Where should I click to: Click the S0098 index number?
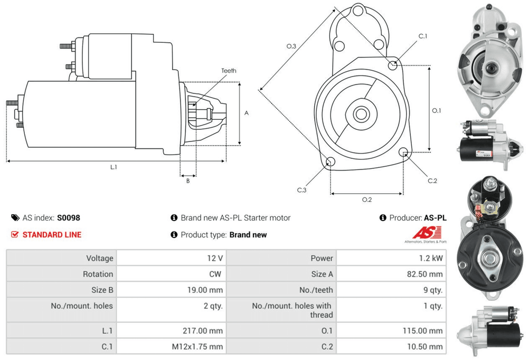[x=69, y=217]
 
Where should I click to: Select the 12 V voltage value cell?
[x=216, y=258]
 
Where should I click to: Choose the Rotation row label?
[x=98, y=274]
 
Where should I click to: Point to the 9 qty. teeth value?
[x=432, y=290]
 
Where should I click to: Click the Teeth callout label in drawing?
[x=229, y=71]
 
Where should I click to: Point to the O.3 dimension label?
[x=291, y=47]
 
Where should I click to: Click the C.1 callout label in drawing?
[x=423, y=36]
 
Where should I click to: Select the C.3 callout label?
[x=301, y=190]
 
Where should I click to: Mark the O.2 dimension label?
[x=367, y=200]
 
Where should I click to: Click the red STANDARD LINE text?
[x=52, y=234]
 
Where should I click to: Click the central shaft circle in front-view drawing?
[x=362, y=113]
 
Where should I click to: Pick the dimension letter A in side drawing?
[x=247, y=113]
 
